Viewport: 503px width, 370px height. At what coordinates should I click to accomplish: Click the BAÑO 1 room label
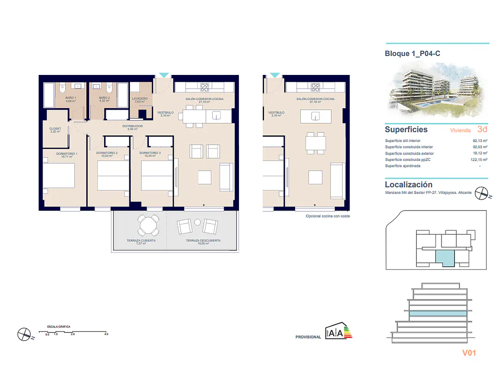[71, 98]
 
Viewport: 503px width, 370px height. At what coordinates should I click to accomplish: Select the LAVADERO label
[140, 99]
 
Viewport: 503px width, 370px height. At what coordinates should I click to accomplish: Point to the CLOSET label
[55, 129]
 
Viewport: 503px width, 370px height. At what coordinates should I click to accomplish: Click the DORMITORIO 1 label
[67, 154]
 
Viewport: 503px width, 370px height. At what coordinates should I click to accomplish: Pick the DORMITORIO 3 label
[150, 153]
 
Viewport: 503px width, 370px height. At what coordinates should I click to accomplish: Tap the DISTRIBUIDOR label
[132, 126]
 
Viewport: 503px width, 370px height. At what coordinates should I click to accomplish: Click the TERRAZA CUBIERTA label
[141, 241]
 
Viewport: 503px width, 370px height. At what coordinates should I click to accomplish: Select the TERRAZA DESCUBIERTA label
[203, 241]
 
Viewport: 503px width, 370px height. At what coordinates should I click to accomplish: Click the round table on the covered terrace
[147, 226]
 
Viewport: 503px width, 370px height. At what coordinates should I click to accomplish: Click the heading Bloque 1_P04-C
[412, 54]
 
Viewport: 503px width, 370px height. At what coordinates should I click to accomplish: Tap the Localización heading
[409, 185]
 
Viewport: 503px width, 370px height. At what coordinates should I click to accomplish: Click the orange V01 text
[469, 353]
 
